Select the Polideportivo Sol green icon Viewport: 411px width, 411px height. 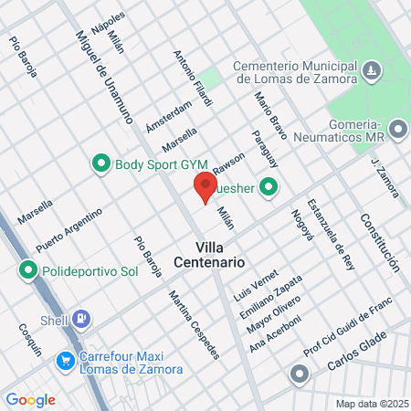(x=29, y=271)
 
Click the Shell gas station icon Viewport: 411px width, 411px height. (x=83, y=320)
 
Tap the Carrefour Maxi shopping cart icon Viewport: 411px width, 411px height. (x=65, y=362)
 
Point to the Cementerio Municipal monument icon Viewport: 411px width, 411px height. (x=371, y=70)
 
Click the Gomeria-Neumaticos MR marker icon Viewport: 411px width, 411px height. (x=397, y=129)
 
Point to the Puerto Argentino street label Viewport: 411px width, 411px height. (x=69, y=229)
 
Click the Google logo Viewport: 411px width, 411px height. (x=30, y=400)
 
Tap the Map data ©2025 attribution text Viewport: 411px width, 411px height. (x=371, y=404)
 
